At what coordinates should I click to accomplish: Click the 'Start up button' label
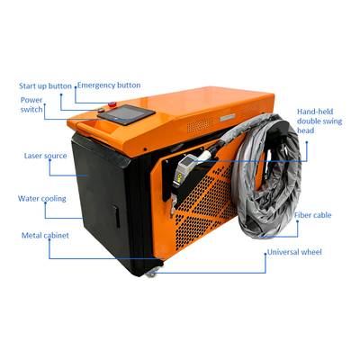pos(45,86)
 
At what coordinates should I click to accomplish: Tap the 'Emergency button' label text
pos(109,85)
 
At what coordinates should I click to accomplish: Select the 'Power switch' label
pos(31,104)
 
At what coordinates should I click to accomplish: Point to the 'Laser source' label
pos(45,156)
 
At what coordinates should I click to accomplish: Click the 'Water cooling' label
pos(42,199)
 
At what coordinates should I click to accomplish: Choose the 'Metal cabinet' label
pos(45,236)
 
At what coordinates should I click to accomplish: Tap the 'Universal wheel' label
pos(294,252)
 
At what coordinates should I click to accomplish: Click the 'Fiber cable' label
pos(312,215)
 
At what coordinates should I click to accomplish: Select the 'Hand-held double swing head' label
pos(319,121)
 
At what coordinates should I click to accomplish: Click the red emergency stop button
pos(112,104)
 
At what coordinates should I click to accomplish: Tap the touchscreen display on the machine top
pos(126,114)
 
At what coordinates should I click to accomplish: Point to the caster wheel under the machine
pos(150,274)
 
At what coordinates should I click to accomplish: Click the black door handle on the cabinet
pos(116,216)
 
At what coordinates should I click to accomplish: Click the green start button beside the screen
pos(101,109)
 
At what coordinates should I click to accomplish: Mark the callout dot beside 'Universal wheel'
pos(265,254)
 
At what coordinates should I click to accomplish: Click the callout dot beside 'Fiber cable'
pos(297,221)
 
